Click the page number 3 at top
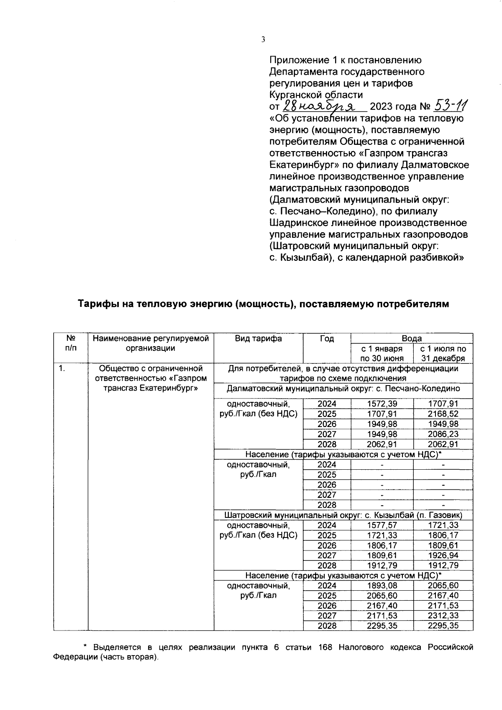pyautogui.click(x=263, y=40)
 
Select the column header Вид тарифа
pyautogui.click(x=258, y=339)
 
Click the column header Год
pyautogui.click(x=327, y=339)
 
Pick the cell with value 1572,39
pyautogui.click(x=382, y=404)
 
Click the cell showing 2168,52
pyautogui.click(x=443, y=414)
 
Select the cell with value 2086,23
pyautogui.click(x=443, y=434)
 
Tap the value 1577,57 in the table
pyautogui.click(x=382, y=525)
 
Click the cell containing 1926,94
pyautogui.click(x=443, y=555)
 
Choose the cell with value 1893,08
pyautogui.click(x=382, y=585)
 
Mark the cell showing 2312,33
pyautogui.click(x=443, y=615)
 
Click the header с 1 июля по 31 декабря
pyautogui.click(x=443, y=353)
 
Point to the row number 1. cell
pyautogui.click(x=61, y=369)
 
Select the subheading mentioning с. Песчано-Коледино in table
pyautogui.click(x=343, y=388)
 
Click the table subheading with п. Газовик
pyautogui.click(x=343, y=515)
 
